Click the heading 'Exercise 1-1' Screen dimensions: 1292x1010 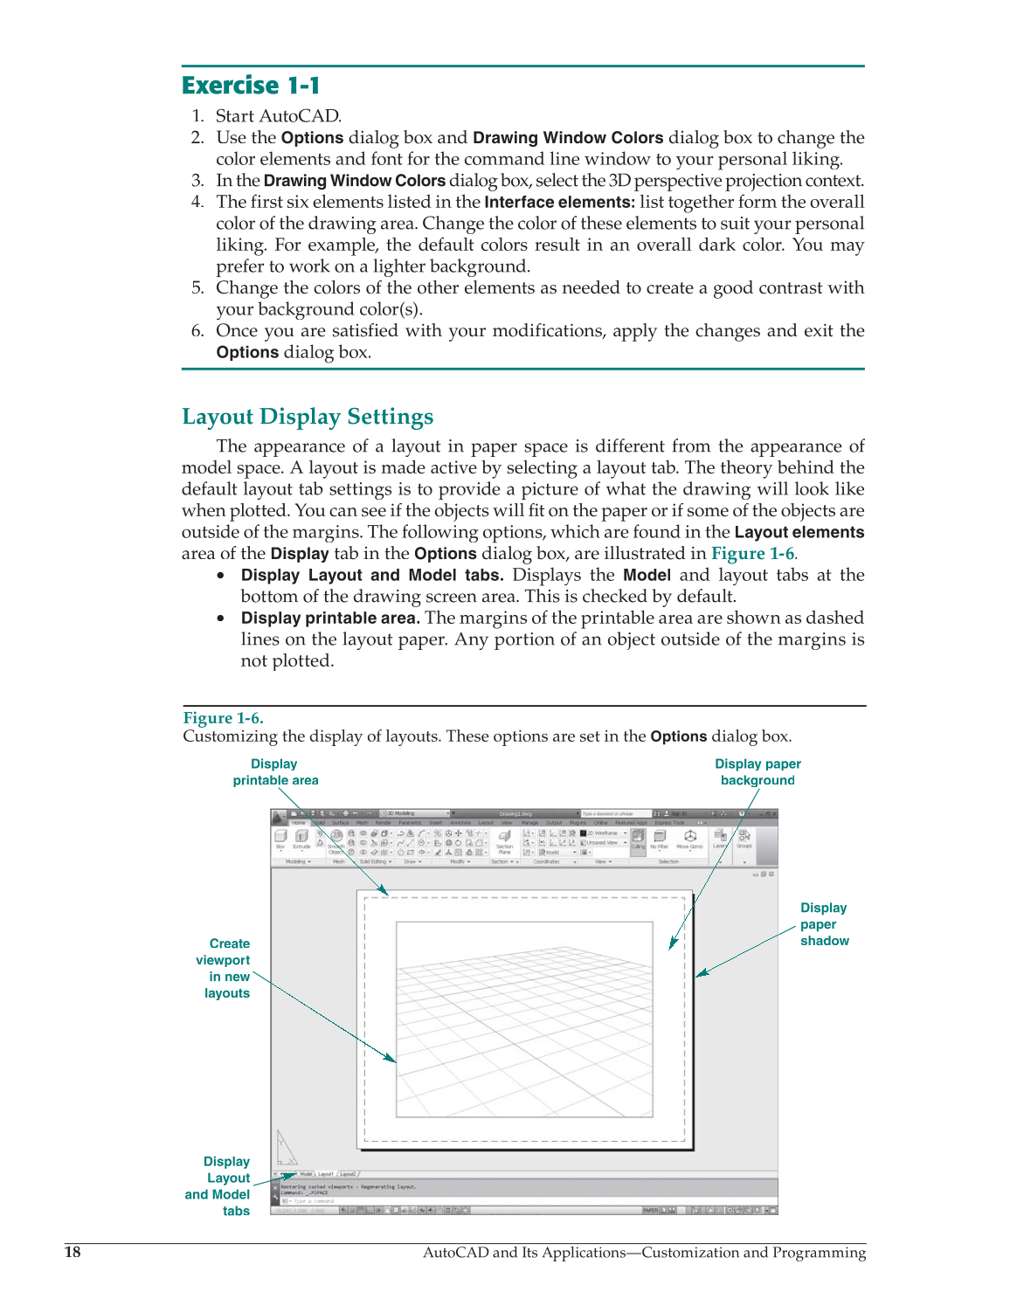tap(251, 86)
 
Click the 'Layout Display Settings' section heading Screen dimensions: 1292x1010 tap(308, 417)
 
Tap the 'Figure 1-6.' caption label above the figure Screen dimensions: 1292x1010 tap(223, 718)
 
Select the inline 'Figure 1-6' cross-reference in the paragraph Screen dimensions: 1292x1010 tap(752, 554)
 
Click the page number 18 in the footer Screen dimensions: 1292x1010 tap(73, 1253)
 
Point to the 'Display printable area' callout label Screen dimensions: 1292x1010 tap(275, 772)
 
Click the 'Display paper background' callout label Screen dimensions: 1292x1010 tap(757, 772)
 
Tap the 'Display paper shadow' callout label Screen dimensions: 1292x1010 tap(824, 924)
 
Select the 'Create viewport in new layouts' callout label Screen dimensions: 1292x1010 tap(227, 968)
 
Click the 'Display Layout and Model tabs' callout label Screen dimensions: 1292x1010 tap(220, 1186)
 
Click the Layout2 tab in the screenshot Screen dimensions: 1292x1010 tap(349, 1174)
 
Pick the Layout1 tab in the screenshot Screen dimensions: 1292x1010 tap(326, 1174)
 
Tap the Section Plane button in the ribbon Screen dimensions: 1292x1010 tap(504, 840)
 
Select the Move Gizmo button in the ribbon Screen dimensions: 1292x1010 tap(689, 839)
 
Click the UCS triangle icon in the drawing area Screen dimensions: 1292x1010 tap(285, 1148)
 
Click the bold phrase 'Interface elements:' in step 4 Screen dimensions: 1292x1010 tap(559, 203)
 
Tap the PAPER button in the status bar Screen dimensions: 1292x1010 tap(650, 1211)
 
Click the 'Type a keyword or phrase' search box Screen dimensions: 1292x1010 tap(616, 813)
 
